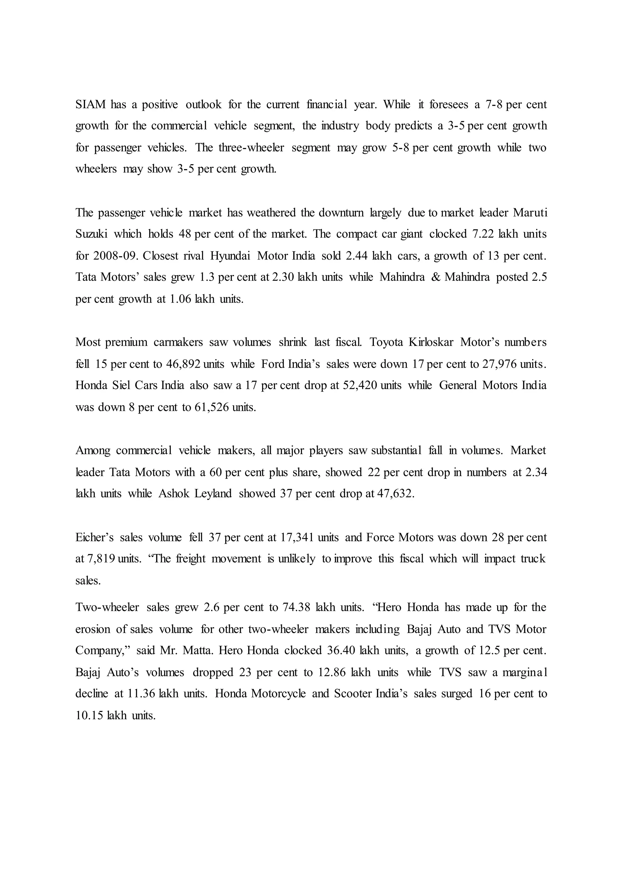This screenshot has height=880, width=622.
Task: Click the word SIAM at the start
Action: [91, 105]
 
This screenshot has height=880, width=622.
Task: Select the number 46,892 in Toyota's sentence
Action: [183, 364]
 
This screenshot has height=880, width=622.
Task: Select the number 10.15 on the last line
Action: [90, 716]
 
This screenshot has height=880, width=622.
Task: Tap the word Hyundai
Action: [230, 256]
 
